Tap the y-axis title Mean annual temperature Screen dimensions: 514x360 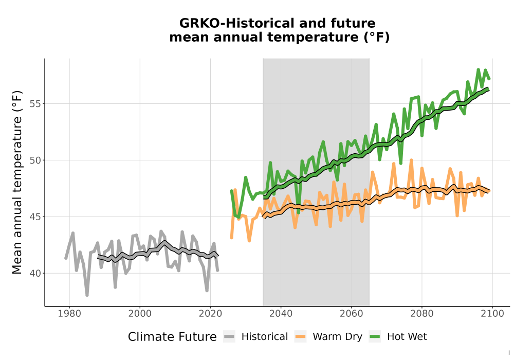click(x=17, y=182)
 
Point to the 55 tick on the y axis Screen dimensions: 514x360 click(x=36, y=103)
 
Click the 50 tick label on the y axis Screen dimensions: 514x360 click(x=36, y=160)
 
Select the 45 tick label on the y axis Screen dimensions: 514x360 click(x=36, y=217)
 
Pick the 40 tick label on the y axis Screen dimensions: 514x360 click(x=36, y=274)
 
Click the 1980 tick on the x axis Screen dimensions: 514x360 click(x=69, y=314)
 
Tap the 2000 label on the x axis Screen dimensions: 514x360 click(x=140, y=314)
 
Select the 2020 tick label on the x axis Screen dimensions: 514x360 click(x=210, y=314)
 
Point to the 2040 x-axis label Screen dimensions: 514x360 click(x=281, y=314)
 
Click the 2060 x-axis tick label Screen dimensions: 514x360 click(x=352, y=314)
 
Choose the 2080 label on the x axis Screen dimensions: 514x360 click(x=422, y=314)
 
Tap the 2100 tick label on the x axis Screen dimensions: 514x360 click(x=492, y=314)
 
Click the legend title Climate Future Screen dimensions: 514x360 click(x=172, y=337)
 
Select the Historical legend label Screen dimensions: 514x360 click(x=265, y=336)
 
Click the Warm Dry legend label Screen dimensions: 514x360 click(x=337, y=337)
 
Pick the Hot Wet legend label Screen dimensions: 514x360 click(x=407, y=336)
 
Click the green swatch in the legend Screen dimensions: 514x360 click(x=375, y=337)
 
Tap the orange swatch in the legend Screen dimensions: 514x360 click(x=300, y=337)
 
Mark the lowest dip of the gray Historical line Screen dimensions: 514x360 click(x=87, y=295)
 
